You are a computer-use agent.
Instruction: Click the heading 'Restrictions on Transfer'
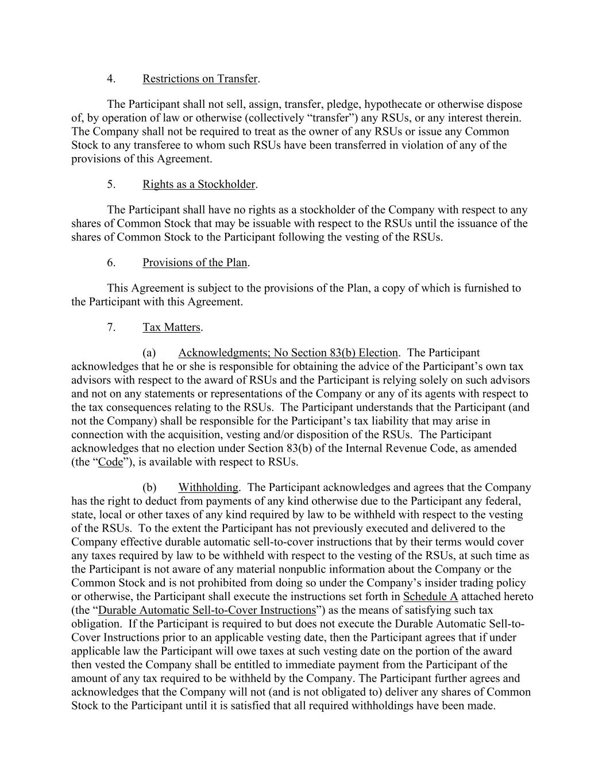200,79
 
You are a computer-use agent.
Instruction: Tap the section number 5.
111,184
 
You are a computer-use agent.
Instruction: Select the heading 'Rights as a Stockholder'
199,184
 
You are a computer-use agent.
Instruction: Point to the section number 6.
111,263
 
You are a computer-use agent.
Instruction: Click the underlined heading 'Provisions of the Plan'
195,263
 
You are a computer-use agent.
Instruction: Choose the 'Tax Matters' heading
171,328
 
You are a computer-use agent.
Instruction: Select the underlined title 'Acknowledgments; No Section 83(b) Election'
288,353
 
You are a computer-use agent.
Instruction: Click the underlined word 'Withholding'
208,488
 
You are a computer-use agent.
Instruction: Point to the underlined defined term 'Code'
111,462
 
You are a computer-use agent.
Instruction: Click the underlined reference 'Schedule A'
430,597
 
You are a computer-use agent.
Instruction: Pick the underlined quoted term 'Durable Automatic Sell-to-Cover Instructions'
207,610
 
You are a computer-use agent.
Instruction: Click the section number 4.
111,79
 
